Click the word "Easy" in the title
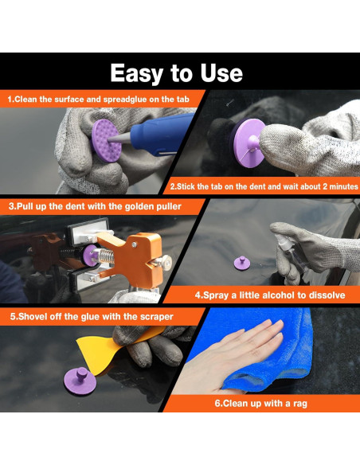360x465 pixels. [x=137, y=73]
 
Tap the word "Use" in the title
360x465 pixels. [x=221, y=72]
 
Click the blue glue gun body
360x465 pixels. [x=162, y=135]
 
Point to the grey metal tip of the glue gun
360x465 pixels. [x=119, y=138]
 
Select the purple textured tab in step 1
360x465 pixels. [x=106, y=141]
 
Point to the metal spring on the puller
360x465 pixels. [x=108, y=256]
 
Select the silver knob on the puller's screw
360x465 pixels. [x=164, y=262]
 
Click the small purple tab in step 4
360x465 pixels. [x=242, y=263]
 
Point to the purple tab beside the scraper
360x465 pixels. [x=80, y=381]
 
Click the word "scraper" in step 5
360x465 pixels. [x=157, y=317]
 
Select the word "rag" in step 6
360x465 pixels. [x=299, y=404]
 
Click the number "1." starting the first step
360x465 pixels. [x=11, y=99]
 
